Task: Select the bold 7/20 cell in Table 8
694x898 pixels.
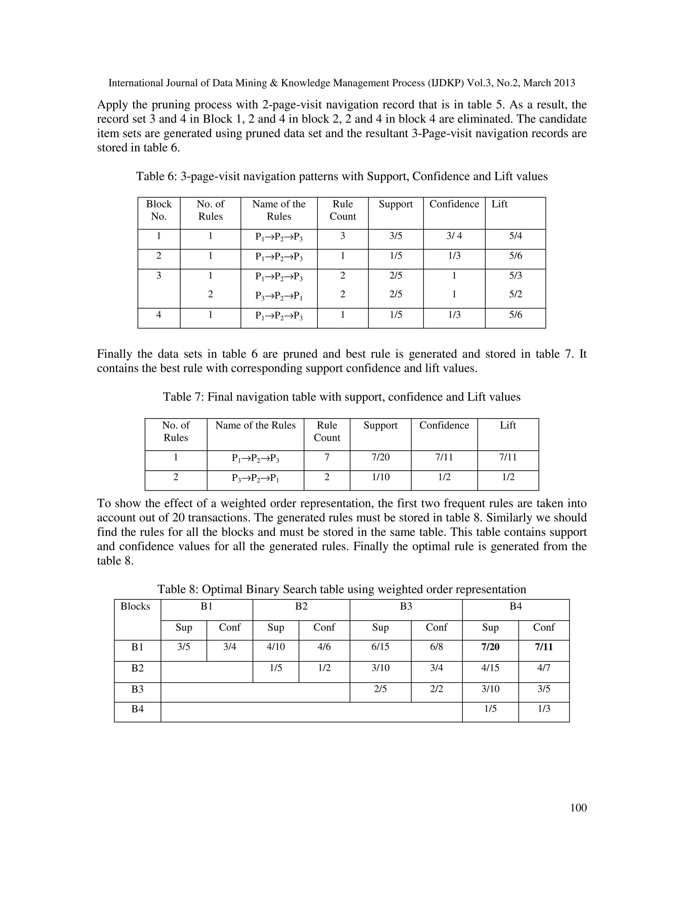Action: click(490, 647)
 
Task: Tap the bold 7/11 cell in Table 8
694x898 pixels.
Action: click(544, 647)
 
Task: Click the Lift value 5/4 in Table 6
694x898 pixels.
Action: click(515, 236)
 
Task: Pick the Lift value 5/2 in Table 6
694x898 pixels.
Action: click(515, 294)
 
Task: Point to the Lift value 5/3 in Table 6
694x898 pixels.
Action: click(515, 275)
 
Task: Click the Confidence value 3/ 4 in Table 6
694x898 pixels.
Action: click(454, 236)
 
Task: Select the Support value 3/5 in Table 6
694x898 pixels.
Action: click(395, 236)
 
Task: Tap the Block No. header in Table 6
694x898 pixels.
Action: click(159, 210)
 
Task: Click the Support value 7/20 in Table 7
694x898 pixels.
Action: click(380, 457)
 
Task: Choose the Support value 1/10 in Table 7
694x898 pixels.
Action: click(380, 477)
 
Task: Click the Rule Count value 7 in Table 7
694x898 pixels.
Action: click(327, 457)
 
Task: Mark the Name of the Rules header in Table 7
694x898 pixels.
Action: click(255, 425)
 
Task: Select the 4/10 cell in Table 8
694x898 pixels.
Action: click(275, 647)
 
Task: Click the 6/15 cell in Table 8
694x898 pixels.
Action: click(380, 647)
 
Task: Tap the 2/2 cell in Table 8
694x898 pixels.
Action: click(436, 689)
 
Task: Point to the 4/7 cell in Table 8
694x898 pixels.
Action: click(544, 668)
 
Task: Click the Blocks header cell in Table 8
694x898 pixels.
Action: click(135, 607)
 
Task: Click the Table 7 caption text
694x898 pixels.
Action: click(342, 397)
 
